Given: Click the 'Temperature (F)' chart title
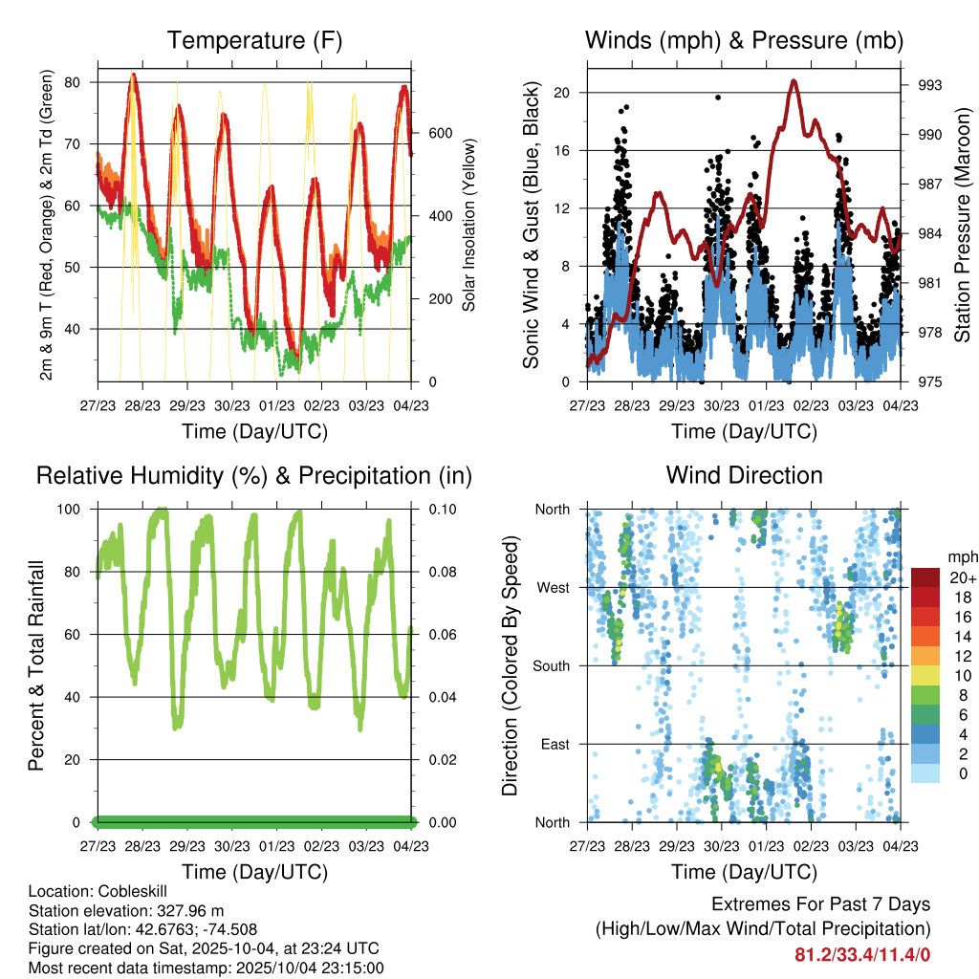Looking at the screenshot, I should click(x=254, y=40).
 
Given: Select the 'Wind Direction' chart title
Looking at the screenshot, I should click(x=744, y=475).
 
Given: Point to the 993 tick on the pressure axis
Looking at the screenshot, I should click(x=929, y=85).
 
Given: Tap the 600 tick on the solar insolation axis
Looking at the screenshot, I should click(x=439, y=133).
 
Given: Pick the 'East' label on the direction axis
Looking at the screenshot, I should click(x=555, y=744).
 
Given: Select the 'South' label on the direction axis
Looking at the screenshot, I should click(x=552, y=665).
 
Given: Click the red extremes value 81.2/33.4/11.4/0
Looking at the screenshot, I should click(x=862, y=954).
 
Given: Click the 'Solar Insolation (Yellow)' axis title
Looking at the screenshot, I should click(x=469, y=225).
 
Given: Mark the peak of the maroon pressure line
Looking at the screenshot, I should click(x=794, y=80).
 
